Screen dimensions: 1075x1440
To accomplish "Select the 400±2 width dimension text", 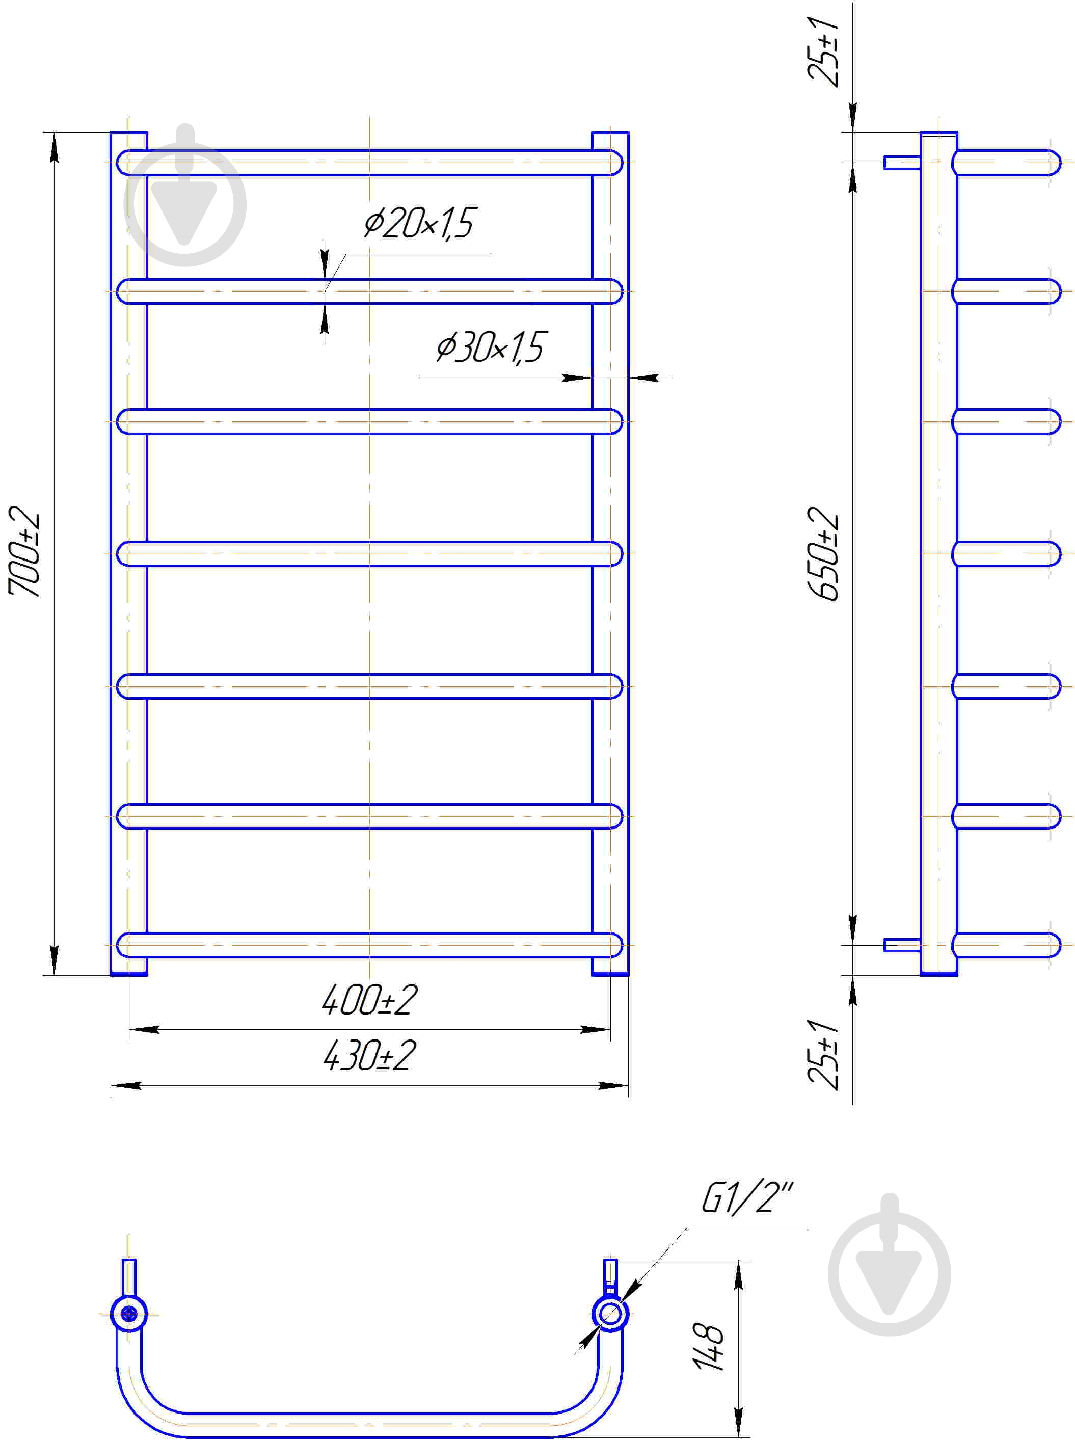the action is [x=369, y=1000].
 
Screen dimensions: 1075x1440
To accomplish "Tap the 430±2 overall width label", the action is [x=369, y=1055].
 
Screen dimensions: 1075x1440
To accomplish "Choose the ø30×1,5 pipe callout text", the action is [x=491, y=347].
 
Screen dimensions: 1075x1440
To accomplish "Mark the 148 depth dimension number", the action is [x=709, y=1346].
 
